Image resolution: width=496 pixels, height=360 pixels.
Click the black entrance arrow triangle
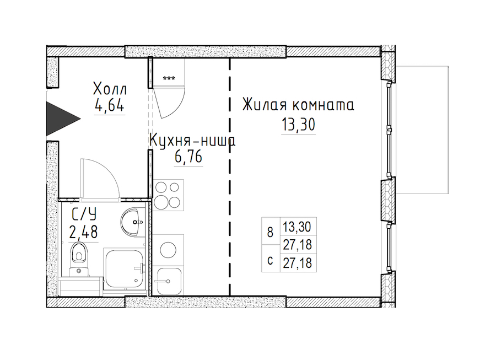pyautogui.click(x=60, y=119)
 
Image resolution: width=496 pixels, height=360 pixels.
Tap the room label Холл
pyautogui.click(x=110, y=89)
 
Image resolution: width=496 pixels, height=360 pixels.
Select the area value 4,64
pyautogui.click(x=110, y=105)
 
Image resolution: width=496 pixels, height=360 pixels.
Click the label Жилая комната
pyautogui.click(x=298, y=105)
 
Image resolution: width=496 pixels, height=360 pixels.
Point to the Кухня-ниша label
pyautogui.click(x=192, y=141)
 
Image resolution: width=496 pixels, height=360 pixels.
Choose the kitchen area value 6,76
pyautogui.click(x=188, y=157)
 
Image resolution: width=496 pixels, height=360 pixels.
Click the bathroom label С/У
pyautogui.click(x=84, y=215)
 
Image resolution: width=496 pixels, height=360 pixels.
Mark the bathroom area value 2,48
pyautogui.click(x=84, y=232)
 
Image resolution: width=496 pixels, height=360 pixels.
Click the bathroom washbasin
pyautogui.click(x=131, y=222)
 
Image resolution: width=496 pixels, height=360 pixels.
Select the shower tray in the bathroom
pyautogui.click(x=124, y=268)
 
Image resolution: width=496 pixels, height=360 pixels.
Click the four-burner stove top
pyautogui.click(x=168, y=195)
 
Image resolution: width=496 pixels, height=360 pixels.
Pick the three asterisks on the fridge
pyautogui.click(x=169, y=78)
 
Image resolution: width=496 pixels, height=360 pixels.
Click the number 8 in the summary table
pyautogui.click(x=270, y=233)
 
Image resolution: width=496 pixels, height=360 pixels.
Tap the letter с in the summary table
pyautogui.click(x=270, y=262)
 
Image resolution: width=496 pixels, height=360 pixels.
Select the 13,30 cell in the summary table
pyautogui.click(x=297, y=227)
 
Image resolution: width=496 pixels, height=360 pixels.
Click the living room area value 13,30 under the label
pyautogui.click(x=298, y=125)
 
